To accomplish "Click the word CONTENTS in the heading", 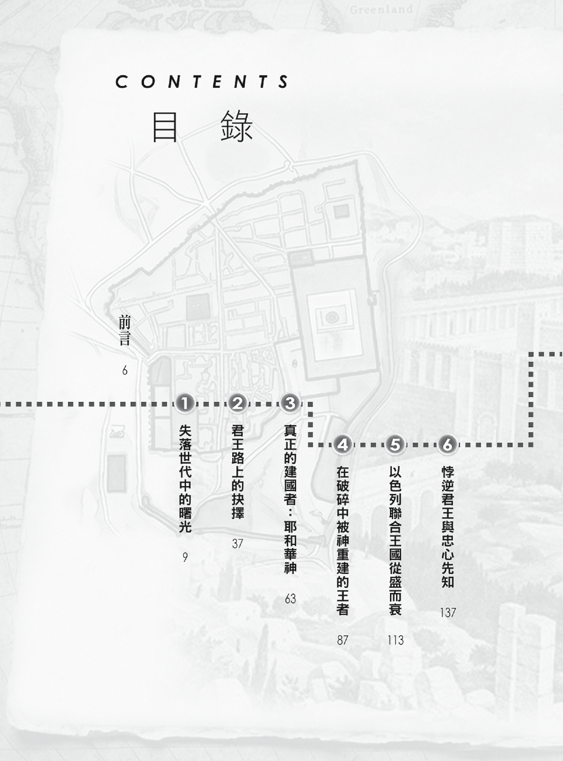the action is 202,82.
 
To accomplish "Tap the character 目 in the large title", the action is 165,127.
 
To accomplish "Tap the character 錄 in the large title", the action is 236,127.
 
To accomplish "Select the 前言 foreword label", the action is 124,331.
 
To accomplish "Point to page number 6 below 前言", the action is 125,370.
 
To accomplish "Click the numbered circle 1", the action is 185,403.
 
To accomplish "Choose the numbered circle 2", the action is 237,403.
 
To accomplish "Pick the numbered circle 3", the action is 290,403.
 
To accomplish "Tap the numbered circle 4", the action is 343,445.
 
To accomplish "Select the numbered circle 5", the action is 396,445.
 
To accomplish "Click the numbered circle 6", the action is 448,445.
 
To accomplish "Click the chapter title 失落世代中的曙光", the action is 185,479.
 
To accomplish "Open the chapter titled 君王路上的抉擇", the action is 237,472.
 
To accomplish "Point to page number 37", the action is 237,543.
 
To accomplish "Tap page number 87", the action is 343,640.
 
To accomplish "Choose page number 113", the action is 396,640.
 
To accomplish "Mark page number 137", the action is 448,612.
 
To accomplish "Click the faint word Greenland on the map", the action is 381,9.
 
